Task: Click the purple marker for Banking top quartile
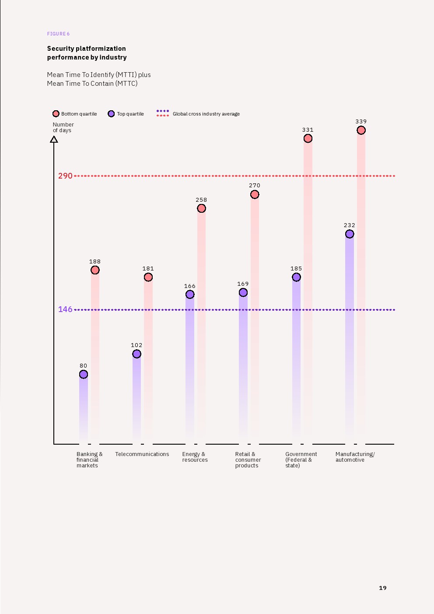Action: click(84, 374)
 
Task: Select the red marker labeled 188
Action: click(95, 270)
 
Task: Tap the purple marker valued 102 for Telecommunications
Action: click(136, 354)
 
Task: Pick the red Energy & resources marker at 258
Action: click(201, 208)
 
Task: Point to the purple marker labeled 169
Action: click(243, 292)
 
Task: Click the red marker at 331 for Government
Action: click(308, 138)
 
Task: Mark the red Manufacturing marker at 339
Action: click(361, 130)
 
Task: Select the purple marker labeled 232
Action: click(350, 234)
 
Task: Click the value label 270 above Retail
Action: click(255, 186)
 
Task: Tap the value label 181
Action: click(148, 269)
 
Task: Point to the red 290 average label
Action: click(65, 176)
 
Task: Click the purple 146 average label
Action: click(65, 309)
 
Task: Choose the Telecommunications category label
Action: click(142, 454)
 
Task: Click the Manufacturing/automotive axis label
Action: click(355, 457)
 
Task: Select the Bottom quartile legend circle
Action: click(56, 114)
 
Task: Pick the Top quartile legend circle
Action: click(111, 114)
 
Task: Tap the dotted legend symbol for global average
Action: click(163, 113)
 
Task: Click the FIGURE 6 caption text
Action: click(58, 34)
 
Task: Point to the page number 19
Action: click(383, 588)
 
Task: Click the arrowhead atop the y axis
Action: click(54, 139)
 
